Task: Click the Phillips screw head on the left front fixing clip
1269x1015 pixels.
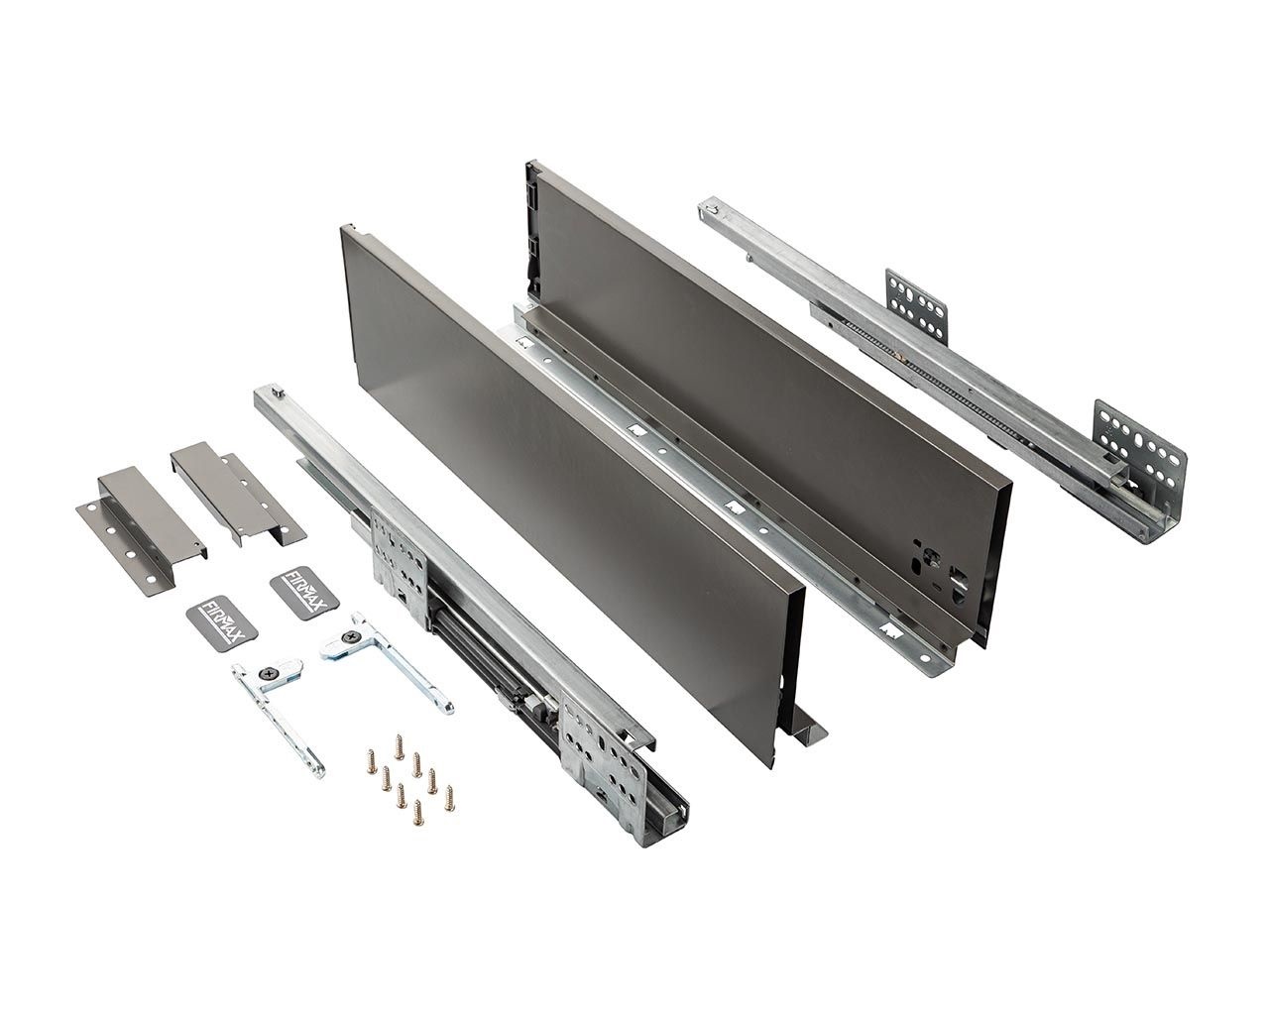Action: pyautogui.click(x=272, y=672)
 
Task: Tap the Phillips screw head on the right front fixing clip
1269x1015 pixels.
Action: pyautogui.click(x=352, y=636)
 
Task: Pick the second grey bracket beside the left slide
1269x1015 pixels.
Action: pyautogui.click(x=238, y=494)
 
